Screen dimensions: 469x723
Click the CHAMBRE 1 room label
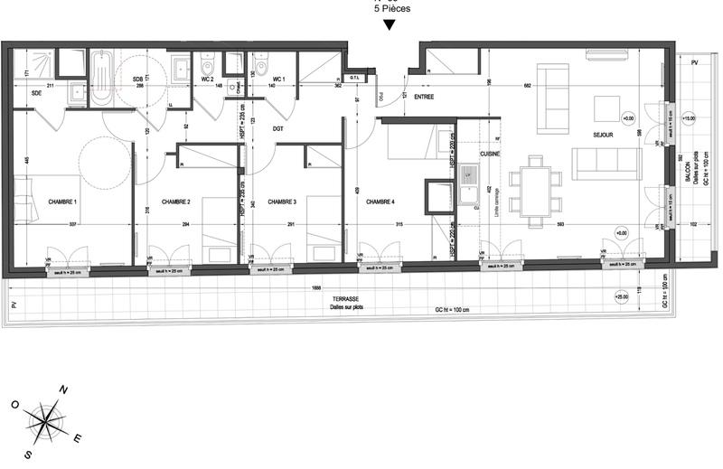tap(62, 202)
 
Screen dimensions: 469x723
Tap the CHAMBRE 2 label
tap(175, 202)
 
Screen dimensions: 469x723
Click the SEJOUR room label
tap(604, 135)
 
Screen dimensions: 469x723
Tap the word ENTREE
tap(425, 97)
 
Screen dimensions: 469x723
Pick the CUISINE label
tap(465, 155)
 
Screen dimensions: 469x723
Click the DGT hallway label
tap(278, 128)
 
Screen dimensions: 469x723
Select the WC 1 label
tap(278, 80)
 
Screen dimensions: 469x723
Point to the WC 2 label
tap(207, 80)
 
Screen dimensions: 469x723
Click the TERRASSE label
tap(344, 298)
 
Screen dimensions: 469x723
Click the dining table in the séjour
tap(534, 192)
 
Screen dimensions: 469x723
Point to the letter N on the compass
tap(62, 389)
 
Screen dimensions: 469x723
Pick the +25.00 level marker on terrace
tap(622, 296)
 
